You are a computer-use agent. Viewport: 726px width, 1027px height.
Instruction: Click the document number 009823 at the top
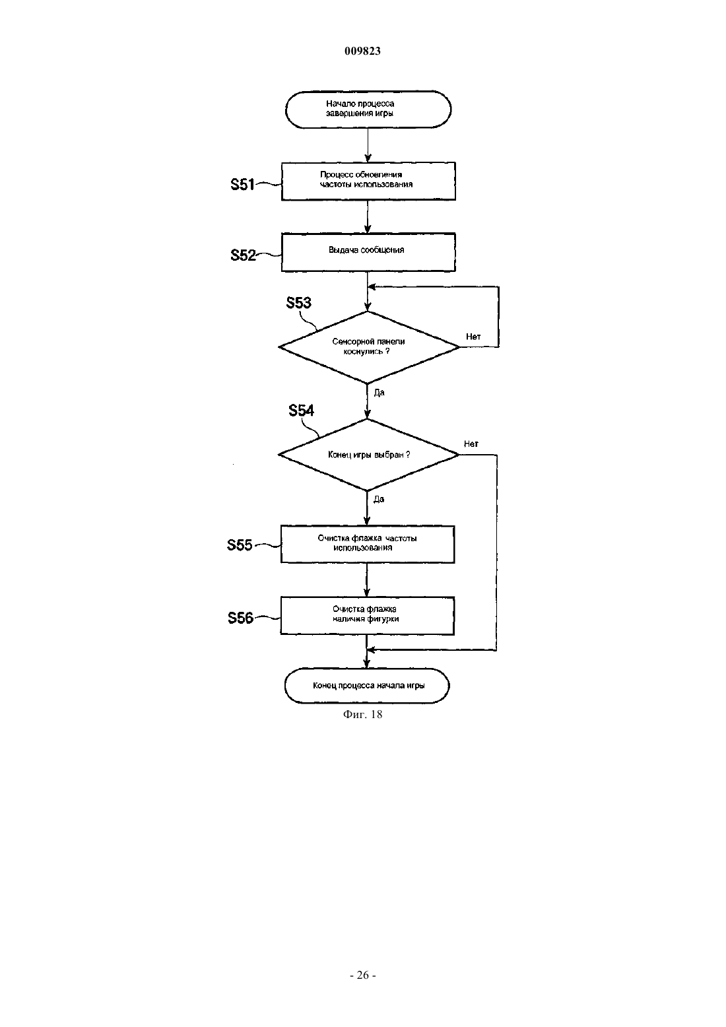362,51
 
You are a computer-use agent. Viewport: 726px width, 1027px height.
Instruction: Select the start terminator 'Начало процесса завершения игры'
368,109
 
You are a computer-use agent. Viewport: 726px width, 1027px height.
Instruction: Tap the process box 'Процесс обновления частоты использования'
368,181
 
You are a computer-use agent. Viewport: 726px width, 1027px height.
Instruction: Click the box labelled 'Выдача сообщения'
368,252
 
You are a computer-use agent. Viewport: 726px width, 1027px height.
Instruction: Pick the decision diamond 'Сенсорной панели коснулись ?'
369,347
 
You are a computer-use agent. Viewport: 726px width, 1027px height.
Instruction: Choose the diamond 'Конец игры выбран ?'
368,455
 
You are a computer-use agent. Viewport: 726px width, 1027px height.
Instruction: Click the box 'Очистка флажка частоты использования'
368,545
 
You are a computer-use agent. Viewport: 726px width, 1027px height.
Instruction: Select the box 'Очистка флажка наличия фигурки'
368,616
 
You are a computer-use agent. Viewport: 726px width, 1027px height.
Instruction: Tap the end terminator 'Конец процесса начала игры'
367,686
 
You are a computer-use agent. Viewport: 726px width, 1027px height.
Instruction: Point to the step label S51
242,184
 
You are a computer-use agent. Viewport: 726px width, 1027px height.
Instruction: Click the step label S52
243,255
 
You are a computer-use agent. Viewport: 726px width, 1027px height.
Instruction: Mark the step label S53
299,302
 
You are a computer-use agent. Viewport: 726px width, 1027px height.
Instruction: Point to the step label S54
301,411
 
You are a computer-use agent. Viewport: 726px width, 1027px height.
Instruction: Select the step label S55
240,545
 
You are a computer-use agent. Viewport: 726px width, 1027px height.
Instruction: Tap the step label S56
241,618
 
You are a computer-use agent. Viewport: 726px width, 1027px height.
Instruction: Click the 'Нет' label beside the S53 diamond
473,337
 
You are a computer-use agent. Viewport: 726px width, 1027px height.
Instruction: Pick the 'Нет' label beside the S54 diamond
471,444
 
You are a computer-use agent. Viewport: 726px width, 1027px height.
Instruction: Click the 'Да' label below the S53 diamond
379,393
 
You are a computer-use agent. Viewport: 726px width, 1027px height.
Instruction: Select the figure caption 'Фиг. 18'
362,714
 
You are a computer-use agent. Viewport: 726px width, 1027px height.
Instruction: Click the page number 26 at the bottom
362,975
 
